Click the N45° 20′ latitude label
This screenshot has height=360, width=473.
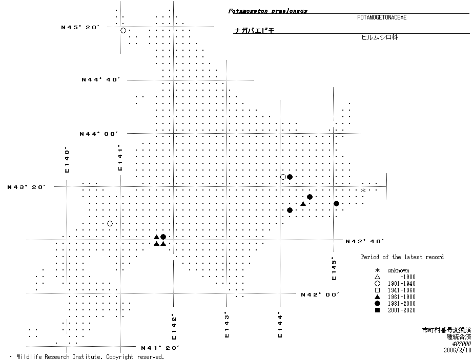(x=79, y=27)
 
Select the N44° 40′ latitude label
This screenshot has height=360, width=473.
(x=100, y=79)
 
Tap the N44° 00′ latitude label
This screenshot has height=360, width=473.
(x=98, y=134)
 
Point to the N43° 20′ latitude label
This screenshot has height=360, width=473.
(x=27, y=187)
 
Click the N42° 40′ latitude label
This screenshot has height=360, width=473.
(x=364, y=241)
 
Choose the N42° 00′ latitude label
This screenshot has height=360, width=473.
(x=320, y=294)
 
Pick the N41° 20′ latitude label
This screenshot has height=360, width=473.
(x=160, y=348)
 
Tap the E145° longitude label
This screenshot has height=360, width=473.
(x=334, y=268)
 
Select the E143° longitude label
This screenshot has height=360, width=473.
(x=226, y=325)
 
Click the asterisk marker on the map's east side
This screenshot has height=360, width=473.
(x=363, y=190)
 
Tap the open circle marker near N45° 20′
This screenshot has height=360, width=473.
(x=123, y=31)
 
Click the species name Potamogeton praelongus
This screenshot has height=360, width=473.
(x=268, y=11)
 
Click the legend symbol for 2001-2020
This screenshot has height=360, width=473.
(x=377, y=310)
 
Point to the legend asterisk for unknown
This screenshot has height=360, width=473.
(x=377, y=270)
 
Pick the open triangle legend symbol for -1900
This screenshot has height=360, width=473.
(x=377, y=277)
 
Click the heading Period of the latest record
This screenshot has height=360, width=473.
(x=402, y=257)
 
